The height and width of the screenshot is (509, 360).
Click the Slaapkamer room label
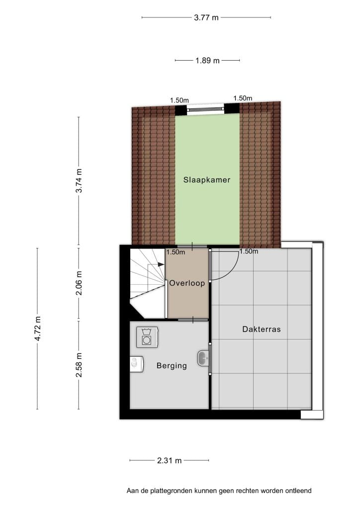[x=207, y=180]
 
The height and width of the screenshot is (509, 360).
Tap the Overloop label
[x=187, y=283]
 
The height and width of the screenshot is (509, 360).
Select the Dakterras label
[x=262, y=329]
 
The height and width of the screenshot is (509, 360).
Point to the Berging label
[x=172, y=366]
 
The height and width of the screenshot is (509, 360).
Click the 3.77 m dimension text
[x=206, y=17]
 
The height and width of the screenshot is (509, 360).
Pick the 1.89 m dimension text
[x=207, y=60]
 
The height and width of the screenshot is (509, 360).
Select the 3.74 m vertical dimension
[x=79, y=181]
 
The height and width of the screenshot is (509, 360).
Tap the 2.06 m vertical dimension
[x=79, y=283]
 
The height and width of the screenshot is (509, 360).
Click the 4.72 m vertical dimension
[x=38, y=329]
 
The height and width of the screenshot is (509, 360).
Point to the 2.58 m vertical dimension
[x=79, y=365]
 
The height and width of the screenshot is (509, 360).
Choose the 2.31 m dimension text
[x=170, y=460]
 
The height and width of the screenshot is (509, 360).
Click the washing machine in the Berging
[x=147, y=337]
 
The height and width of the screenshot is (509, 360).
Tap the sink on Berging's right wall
[x=203, y=358]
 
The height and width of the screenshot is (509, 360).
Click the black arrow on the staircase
[x=161, y=264]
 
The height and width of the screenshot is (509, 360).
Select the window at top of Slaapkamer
[x=206, y=109]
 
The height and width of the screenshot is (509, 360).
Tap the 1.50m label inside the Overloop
[x=176, y=252]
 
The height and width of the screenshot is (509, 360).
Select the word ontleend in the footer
[x=298, y=491]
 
